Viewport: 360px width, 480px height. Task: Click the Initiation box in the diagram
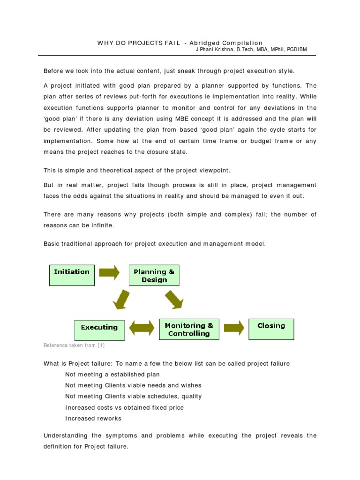[72, 275]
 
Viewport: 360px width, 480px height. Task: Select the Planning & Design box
[154, 275]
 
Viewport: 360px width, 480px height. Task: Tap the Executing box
[99, 330]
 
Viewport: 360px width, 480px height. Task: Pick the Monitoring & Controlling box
[188, 330]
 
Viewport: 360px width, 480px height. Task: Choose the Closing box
[271, 329]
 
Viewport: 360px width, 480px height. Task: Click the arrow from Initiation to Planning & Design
[109, 273]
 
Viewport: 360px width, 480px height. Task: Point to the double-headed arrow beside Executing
[142, 328]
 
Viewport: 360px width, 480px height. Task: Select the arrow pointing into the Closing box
[234, 327]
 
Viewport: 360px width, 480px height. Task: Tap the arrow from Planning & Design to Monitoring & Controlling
[174, 300]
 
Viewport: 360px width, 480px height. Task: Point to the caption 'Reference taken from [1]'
[74, 346]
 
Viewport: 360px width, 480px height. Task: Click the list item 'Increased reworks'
[93, 418]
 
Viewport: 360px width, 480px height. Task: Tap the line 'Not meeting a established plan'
[112, 375]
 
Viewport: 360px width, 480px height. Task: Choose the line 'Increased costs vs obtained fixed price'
[124, 407]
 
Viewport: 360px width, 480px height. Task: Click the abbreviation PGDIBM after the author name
[294, 50]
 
